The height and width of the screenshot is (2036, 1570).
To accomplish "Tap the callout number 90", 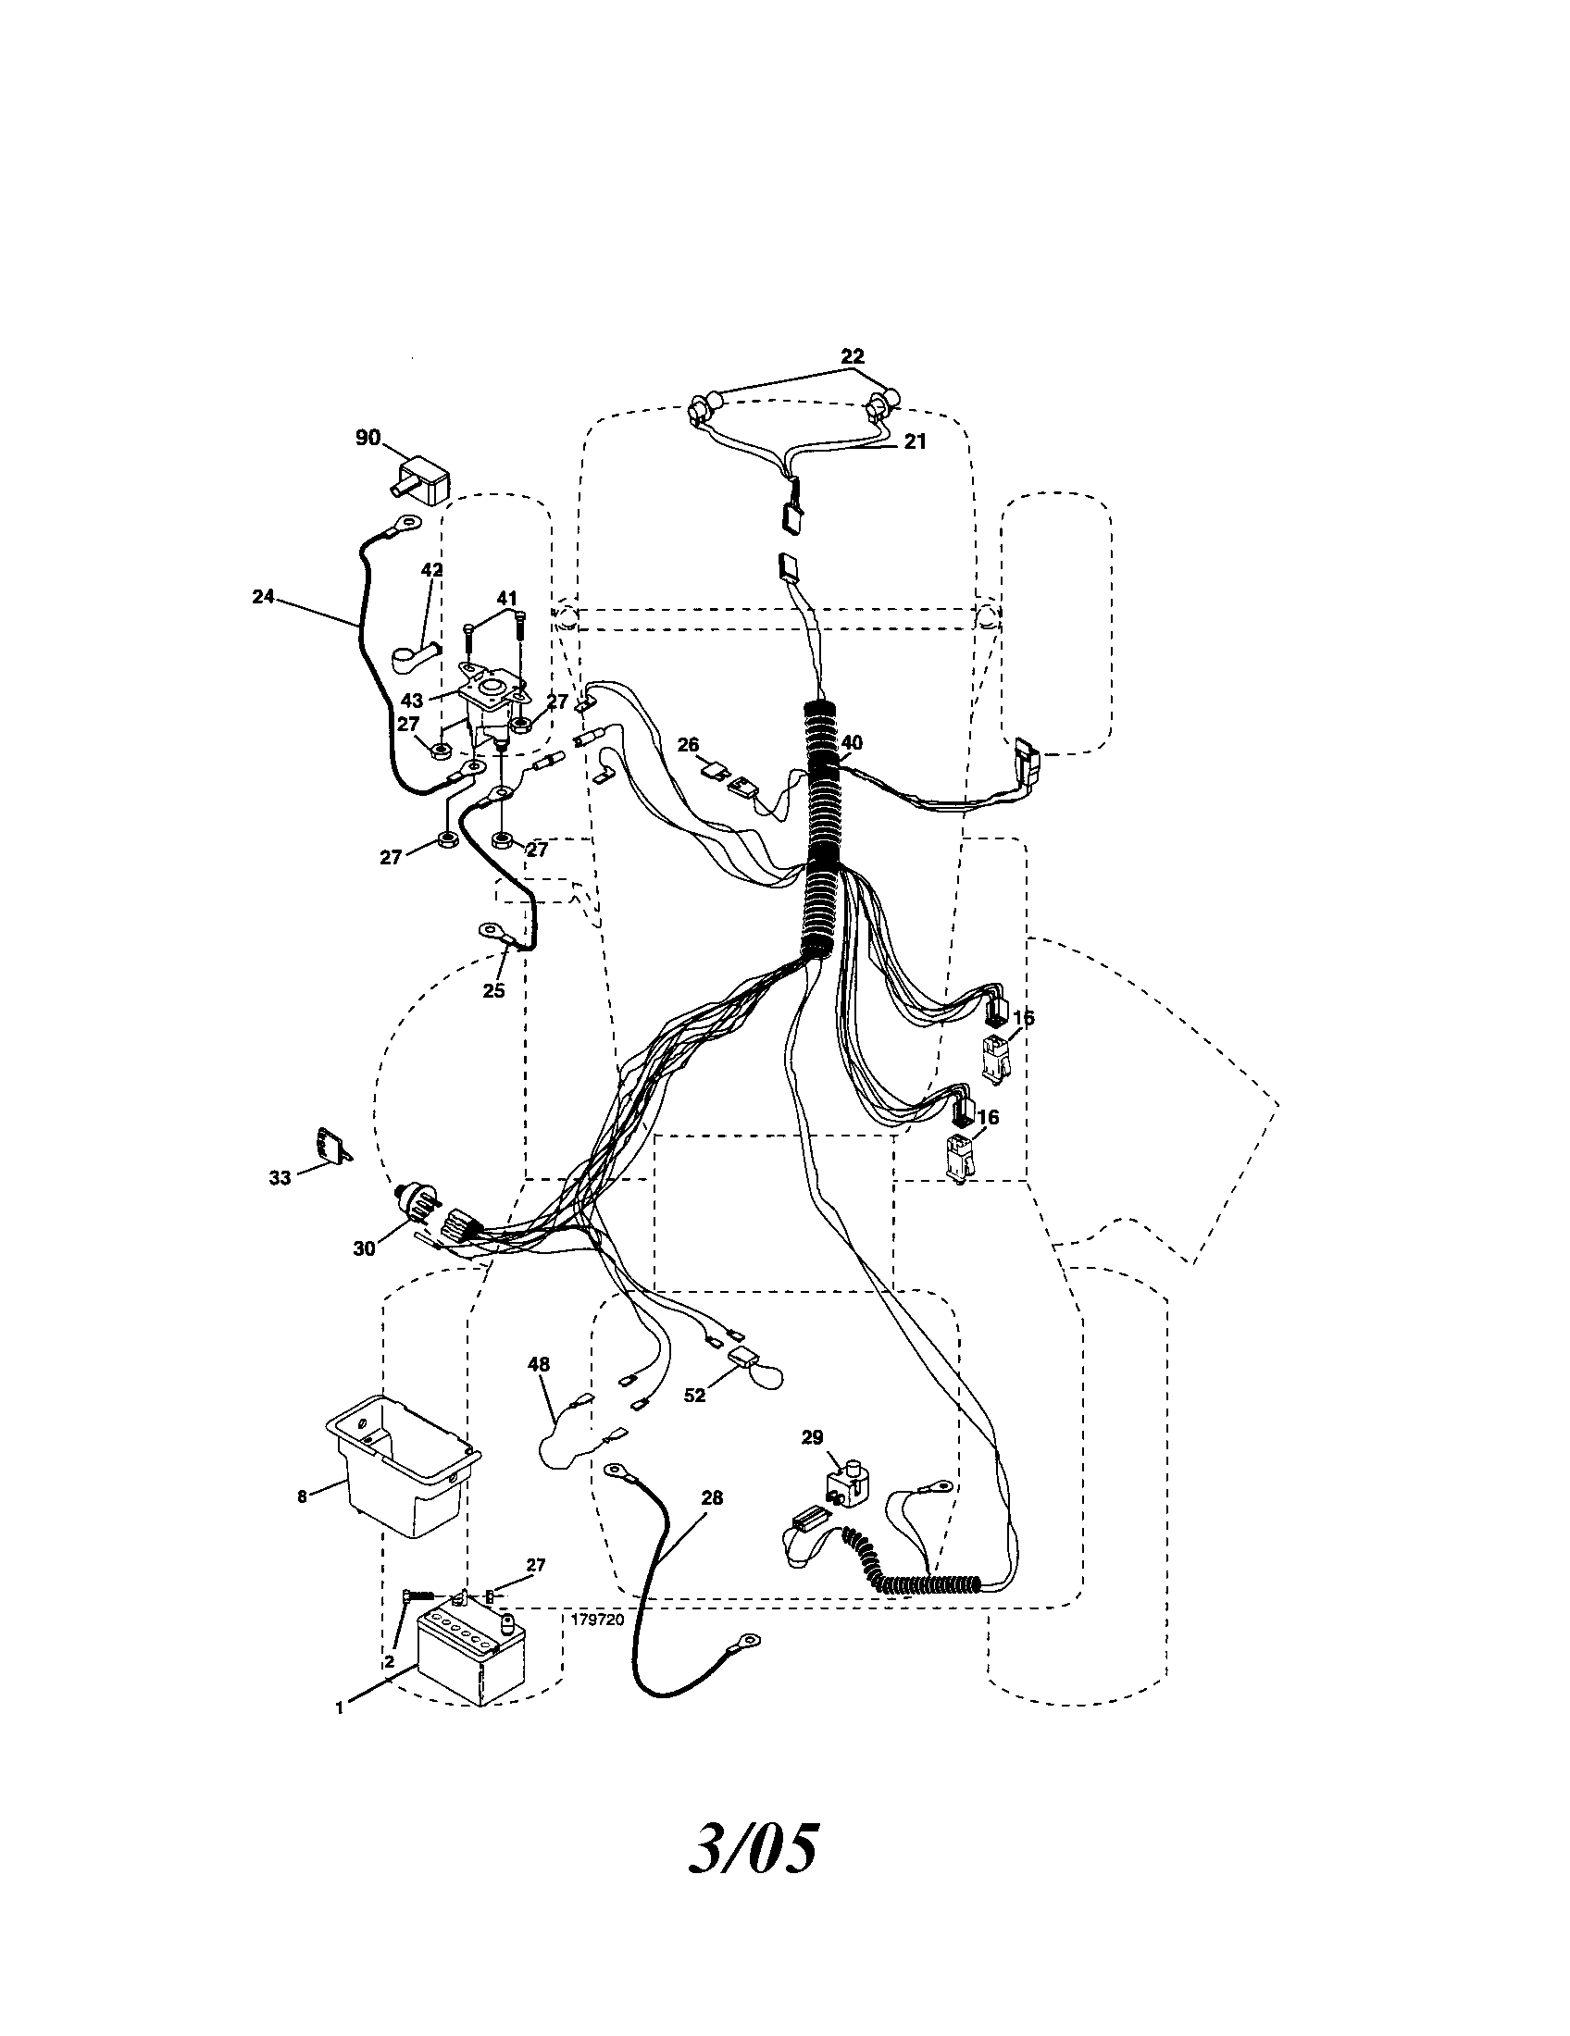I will tap(368, 437).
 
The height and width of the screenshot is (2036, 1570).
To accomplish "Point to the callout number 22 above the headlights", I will tap(853, 356).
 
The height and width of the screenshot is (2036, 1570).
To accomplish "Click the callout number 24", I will tap(264, 597).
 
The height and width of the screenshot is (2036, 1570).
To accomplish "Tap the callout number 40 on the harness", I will tap(852, 743).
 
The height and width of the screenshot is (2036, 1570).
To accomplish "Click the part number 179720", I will tap(598, 1620).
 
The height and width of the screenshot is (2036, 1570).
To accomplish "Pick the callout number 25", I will tap(493, 991).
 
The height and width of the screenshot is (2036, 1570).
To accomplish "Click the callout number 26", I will tap(688, 745).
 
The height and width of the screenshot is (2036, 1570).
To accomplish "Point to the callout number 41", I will tap(506, 598).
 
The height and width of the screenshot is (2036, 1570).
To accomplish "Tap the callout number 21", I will tap(915, 441).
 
